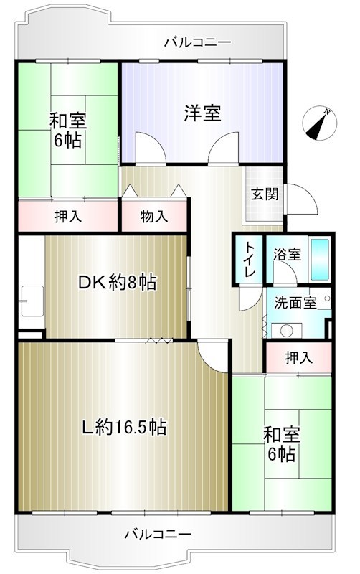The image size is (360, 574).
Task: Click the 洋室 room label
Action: (202, 113)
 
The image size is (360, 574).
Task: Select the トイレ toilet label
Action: (248, 260)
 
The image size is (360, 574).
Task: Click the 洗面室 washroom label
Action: (295, 302)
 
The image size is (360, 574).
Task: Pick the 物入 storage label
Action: (154, 215)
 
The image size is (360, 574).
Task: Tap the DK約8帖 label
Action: (117, 283)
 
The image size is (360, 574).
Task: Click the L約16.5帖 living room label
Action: (123, 428)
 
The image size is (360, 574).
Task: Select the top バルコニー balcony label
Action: (197, 42)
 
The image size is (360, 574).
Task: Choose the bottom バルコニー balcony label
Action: (158, 535)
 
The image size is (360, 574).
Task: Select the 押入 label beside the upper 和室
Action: (67, 215)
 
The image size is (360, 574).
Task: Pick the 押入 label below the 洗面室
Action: (298, 357)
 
